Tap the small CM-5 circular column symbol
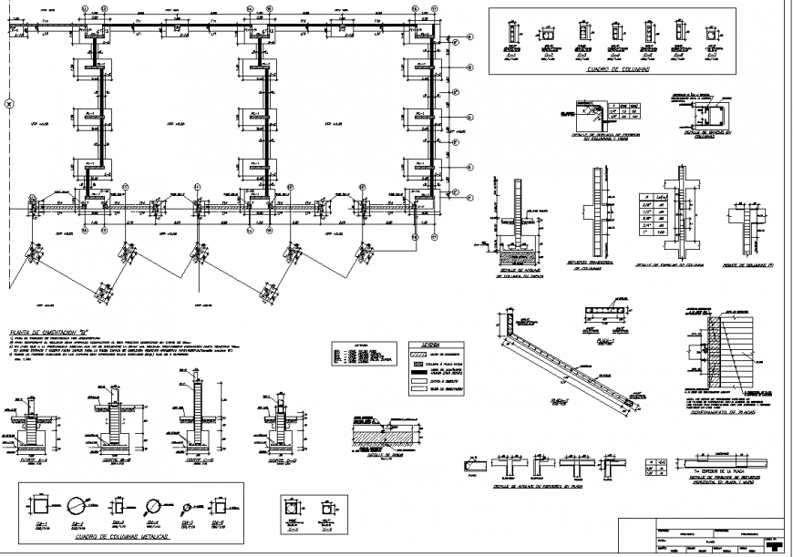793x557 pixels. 188,506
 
